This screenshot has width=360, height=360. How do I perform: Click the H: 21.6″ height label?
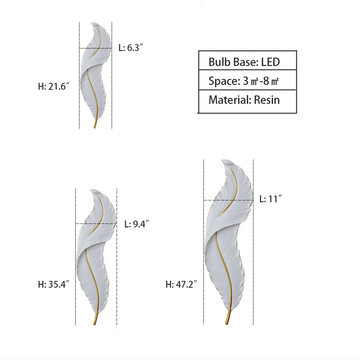click(x=53, y=86)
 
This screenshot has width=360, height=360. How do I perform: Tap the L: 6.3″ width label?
click(x=131, y=48)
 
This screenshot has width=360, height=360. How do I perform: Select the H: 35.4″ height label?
click(x=53, y=284)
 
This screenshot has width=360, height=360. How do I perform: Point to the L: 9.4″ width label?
click(x=137, y=224)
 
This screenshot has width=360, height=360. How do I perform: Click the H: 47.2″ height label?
click(x=182, y=284)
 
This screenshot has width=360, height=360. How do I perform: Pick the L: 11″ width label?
click(x=271, y=199)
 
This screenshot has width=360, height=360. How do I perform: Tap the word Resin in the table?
click(x=267, y=100)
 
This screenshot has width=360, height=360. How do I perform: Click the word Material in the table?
click(x=230, y=100)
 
